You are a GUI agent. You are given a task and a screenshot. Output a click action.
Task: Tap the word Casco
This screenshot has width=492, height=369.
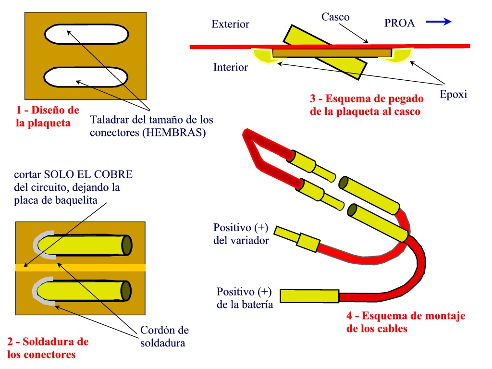pos(335,17)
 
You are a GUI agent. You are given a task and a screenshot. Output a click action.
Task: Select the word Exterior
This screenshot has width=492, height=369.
pos(230,24)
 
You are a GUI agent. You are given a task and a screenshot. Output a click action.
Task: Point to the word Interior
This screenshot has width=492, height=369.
pos(230,67)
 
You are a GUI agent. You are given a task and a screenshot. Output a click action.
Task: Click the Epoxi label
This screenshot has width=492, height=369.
pos(453,94)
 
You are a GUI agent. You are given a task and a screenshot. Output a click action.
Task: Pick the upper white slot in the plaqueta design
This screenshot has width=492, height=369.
pos(86,34)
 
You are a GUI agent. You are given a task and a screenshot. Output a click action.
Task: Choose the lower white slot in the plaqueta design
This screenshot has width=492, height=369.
pos(86,77)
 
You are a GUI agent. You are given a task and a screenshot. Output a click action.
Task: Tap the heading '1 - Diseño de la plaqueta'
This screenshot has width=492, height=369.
pos(47,116)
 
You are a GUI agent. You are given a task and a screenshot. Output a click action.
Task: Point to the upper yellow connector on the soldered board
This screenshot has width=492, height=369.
pos(84,245)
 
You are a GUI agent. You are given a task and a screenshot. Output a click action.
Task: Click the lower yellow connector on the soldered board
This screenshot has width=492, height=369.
pos(84,290)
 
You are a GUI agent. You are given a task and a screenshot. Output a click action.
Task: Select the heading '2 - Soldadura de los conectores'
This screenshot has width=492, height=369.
pos(48,348)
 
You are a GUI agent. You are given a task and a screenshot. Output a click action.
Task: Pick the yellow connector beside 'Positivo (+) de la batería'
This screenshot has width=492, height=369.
pos(309,295)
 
